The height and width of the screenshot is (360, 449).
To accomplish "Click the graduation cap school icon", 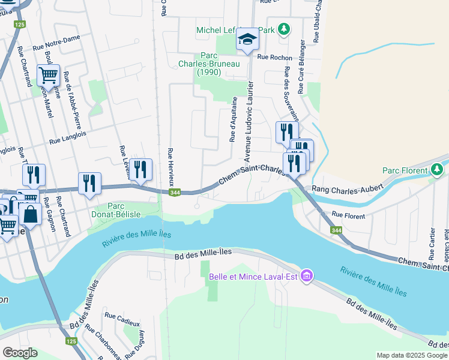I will [247, 40].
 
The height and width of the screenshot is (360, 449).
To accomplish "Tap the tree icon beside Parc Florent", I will [438, 170].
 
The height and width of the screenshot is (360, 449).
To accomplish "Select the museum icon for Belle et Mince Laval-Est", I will [307, 276].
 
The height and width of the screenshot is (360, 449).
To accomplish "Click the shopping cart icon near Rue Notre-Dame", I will [48, 76].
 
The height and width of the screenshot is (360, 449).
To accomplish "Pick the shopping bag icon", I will [29, 213].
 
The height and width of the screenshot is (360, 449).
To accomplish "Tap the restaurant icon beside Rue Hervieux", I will [140, 169].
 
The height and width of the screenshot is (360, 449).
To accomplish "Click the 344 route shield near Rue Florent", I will [334, 230].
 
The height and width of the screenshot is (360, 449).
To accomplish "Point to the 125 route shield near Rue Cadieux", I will [71, 341].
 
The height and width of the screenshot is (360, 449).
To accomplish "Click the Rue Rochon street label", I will [274, 58].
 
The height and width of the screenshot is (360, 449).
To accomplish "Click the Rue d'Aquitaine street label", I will [233, 120].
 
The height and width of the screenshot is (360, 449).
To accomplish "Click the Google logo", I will [20, 353].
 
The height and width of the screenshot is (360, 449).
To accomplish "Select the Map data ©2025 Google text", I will [411, 355].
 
